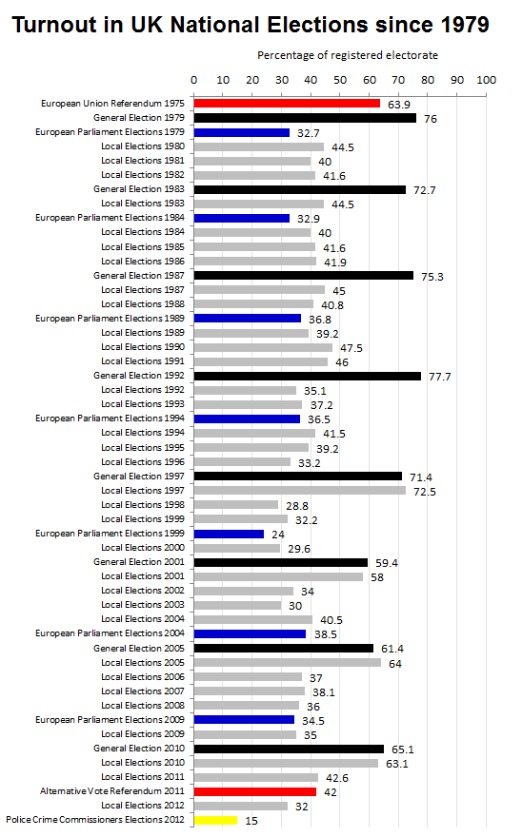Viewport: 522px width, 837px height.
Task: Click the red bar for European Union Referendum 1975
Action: click(x=287, y=104)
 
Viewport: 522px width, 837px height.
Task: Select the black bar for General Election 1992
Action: click(x=308, y=376)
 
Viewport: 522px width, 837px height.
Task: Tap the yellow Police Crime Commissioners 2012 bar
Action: click(x=215, y=821)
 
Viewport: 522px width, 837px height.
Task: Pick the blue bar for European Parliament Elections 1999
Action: click(x=229, y=534)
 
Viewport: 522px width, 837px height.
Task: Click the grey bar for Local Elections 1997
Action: click(x=300, y=491)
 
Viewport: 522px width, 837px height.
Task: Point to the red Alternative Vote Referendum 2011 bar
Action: click(x=255, y=791)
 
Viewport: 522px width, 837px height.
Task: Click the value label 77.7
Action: click(x=440, y=377)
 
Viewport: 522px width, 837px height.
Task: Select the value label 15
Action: click(x=251, y=821)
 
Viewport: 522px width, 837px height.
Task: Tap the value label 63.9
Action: click(x=399, y=105)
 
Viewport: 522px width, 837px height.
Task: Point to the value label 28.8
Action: click(x=297, y=506)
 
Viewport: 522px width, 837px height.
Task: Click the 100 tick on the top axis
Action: click(x=486, y=80)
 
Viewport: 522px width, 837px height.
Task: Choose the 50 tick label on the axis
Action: click(x=340, y=80)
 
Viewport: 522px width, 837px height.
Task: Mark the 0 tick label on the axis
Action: click(x=193, y=80)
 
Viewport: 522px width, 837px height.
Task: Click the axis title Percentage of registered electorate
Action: click(x=348, y=55)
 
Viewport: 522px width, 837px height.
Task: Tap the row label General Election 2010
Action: click(x=139, y=749)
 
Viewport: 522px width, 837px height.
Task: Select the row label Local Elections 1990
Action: click(x=143, y=347)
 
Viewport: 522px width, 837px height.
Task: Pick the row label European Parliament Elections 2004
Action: click(x=110, y=633)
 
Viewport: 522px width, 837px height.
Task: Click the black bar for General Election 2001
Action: click(x=281, y=563)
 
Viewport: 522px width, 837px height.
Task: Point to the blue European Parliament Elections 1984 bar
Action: click(x=242, y=219)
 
